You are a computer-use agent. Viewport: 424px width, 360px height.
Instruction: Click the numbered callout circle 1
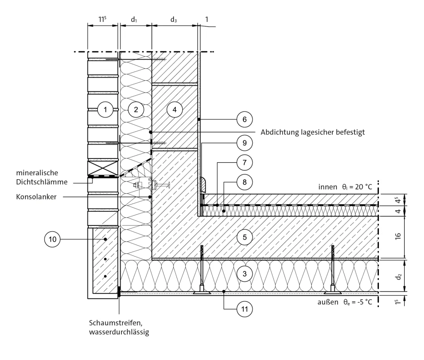[105, 109]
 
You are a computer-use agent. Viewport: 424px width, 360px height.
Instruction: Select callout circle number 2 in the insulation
[136, 109]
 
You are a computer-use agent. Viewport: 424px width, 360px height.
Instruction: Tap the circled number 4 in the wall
[174, 109]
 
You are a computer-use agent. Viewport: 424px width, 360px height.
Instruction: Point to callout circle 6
[245, 119]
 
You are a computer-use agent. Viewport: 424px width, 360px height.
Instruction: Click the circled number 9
[245, 143]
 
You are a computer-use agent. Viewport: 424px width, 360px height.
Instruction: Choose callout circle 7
[245, 163]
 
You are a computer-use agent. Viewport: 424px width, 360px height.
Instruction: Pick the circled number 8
[245, 182]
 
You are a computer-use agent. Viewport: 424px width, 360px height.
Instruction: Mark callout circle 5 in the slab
[245, 237]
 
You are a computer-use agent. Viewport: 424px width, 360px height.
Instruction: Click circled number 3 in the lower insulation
[245, 274]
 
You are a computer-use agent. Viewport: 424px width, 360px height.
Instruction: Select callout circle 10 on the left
[53, 239]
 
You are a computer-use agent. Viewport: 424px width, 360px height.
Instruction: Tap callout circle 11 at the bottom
[245, 309]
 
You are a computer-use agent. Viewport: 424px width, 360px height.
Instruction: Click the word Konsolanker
[36, 196]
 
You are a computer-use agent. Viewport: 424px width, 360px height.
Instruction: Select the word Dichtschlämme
[42, 182]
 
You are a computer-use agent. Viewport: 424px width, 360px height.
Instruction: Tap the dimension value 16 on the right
[398, 236]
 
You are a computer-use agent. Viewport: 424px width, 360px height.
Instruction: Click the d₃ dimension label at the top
[174, 20]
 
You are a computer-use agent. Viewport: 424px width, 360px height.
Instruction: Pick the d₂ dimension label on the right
[398, 276]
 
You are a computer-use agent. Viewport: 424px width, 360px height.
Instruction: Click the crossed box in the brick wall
[103, 168]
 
